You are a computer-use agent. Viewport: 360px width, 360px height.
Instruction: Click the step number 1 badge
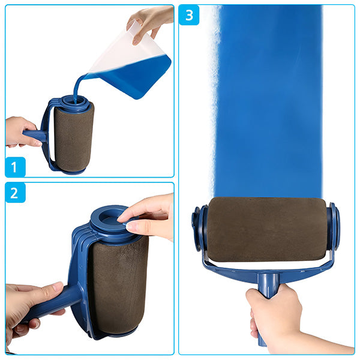pos(16,166)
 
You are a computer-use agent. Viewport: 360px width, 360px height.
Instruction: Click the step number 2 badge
pos(16,193)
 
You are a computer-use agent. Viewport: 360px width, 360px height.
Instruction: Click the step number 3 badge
pos(189,15)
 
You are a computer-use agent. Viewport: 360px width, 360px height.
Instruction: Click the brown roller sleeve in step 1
pos(74,137)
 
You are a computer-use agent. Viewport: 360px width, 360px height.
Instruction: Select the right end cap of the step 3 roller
pos(335,226)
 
